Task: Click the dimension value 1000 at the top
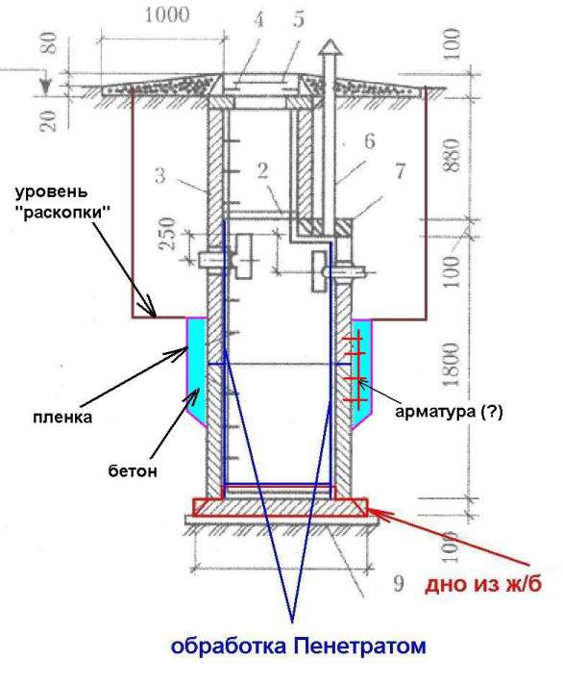click(166, 15)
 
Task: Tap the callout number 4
click(258, 19)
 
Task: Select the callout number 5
click(299, 19)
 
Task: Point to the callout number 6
click(370, 140)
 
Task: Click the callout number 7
click(400, 170)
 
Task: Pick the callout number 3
click(159, 175)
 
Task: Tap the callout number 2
click(262, 170)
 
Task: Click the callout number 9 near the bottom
click(399, 583)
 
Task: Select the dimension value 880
click(453, 155)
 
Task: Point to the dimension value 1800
click(453, 365)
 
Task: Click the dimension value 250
click(168, 233)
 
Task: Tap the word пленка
click(62, 417)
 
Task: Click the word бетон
click(133, 471)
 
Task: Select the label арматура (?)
click(449, 412)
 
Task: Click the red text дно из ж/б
click(483, 584)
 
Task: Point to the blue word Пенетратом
click(359, 646)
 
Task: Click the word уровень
click(51, 192)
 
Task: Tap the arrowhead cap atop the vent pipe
click(330, 47)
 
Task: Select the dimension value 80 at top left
click(51, 42)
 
